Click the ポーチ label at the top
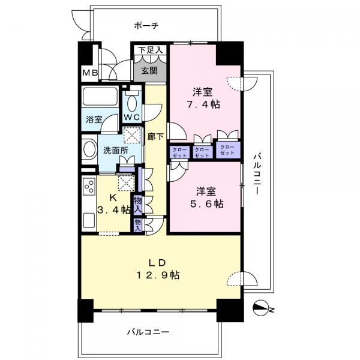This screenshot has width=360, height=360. click(x=147, y=26)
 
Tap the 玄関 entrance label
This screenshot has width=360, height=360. click(x=149, y=70)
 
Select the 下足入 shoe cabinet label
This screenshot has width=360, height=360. click(x=150, y=51)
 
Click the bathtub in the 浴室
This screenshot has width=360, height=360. click(x=101, y=97)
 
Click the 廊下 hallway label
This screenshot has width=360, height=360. click(x=155, y=137)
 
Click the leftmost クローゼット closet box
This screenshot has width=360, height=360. click(x=179, y=152)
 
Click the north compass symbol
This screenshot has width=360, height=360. click(x=262, y=310)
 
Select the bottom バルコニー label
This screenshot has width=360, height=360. click(x=148, y=332)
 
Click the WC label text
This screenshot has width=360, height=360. click(x=132, y=117)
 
